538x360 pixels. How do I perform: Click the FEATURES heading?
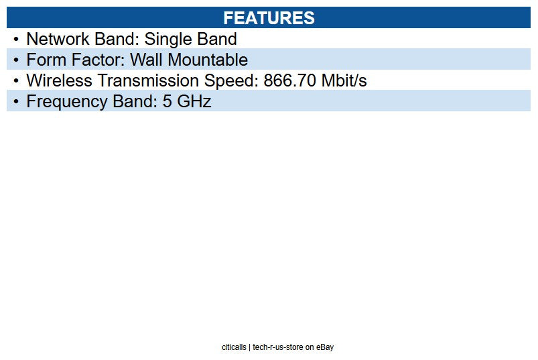(x=269, y=18)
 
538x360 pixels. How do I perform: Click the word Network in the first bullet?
(x=58, y=39)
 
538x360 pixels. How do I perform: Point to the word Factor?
(x=96, y=60)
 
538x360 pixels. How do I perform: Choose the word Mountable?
(x=208, y=60)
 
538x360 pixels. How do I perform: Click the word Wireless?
(x=59, y=80)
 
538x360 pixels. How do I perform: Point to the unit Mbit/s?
(x=344, y=80)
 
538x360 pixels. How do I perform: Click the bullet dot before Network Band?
(x=15, y=39)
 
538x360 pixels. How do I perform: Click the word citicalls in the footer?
(x=234, y=347)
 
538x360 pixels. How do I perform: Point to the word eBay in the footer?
(x=326, y=347)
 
